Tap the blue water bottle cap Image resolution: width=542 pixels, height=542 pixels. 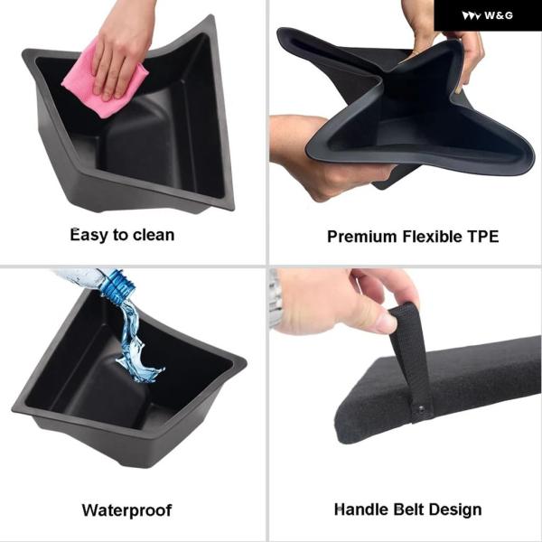pyautogui.click(x=118, y=286)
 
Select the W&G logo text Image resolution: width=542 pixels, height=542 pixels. pyautogui.click(x=499, y=15)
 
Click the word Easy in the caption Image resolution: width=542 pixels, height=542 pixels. pyautogui.click(x=89, y=236)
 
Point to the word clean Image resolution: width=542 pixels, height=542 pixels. pyautogui.click(x=154, y=235)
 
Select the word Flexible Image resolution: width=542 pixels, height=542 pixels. pyautogui.click(x=432, y=237)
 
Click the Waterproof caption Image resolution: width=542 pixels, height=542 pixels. pyautogui.click(x=126, y=510)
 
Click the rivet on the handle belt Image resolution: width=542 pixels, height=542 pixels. pyautogui.click(x=422, y=408)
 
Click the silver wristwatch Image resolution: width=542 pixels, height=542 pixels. pyautogui.click(x=275, y=299)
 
